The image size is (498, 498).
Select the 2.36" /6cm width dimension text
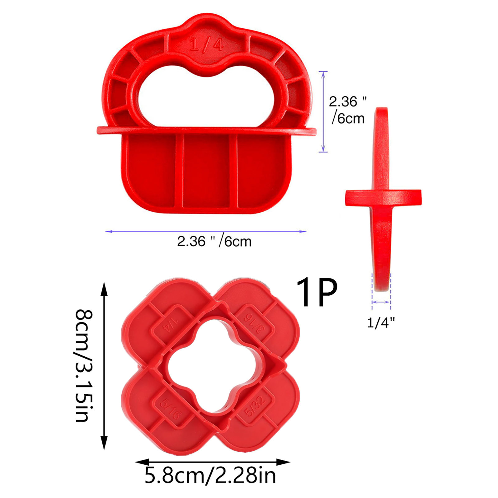tap(214, 242)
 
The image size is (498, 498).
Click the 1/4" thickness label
tap(381, 323)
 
